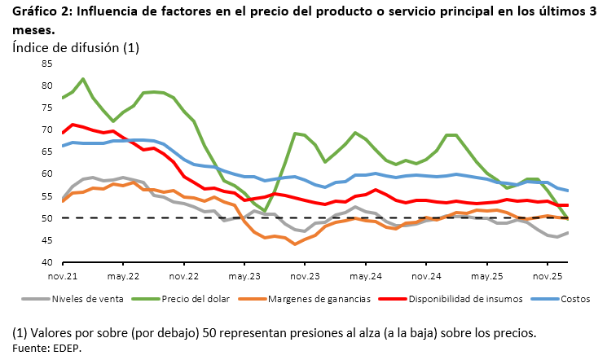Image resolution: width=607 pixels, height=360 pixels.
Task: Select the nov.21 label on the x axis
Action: (63, 276)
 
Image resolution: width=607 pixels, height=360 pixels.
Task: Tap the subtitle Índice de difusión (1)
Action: (76, 47)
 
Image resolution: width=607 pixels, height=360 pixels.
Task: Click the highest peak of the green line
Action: (83, 79)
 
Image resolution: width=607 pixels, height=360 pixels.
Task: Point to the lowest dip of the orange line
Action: (295, 244)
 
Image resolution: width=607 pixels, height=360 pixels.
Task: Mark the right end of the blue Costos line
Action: (568, 191)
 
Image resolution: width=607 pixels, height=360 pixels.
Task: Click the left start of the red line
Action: (63, 132)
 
